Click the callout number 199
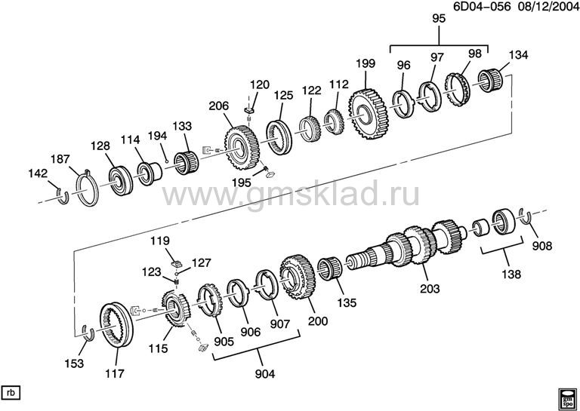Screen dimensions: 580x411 pyautogui.click(x=366, y=63)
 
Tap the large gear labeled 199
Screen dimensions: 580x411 pyautogui.click(x=367, y=114)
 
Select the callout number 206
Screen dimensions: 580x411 pyautogui.click(x=218, y=106)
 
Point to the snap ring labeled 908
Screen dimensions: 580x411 pyautogui.click(x=526, y=216)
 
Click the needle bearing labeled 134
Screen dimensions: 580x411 pyautogui.click(x=489, y=81)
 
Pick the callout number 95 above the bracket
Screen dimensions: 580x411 pyautogui.click(x=439, y=18)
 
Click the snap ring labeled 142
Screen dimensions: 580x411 pyautogui.click(x=63, y=196)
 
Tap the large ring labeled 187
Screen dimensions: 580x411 pyautogui.click(x=88, y=187)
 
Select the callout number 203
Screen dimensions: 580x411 pyautogui.click(x=430, y=288)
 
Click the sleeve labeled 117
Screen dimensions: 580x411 pyautogui.click(x=117, y=325)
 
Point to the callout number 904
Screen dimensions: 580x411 pyautogui.click(x=265, y=374)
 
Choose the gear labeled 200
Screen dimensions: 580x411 pyautogui.click(x=297, y=277)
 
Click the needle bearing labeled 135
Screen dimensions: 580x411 pyautogui.click(x=330, y=268)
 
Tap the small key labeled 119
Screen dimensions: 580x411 pyautogui.click(x=177, y=263)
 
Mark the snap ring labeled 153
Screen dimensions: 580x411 pyautogui.click(x=89, y=331)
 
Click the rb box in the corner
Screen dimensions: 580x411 pyautogui.click(x=11, y=393)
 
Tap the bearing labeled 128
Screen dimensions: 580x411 pyautogui.click(x=121, y=180)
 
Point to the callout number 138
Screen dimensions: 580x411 pyautogui.click(x=511, y=274)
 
